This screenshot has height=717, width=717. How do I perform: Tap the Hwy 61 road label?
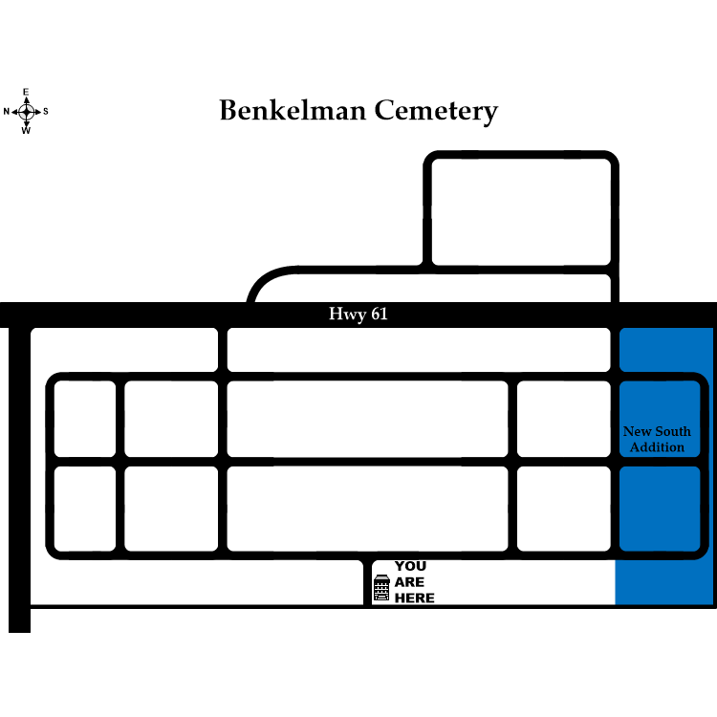pyautogui.click(x=358, y=315)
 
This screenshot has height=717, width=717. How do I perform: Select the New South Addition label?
pyautogui.click(x=657, y=439)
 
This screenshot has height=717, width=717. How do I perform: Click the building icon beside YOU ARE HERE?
pyautogui.click(x=381, y=589)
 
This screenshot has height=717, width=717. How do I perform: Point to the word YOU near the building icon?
pyautogui.click(x=410, y=566)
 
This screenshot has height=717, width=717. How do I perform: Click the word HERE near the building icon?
pyautogui.click(x=414, y=598)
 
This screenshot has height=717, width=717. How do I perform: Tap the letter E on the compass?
pyautogui.click(x=26, y=92)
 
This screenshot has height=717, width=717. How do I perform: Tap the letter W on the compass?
pyautogui.click(x=26, y=131)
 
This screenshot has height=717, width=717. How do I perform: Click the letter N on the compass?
pyautogui.click(x=7, y=112)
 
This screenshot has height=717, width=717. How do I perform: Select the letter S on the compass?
pyautogui.click(x=45, y=112)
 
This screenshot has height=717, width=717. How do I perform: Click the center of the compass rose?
pyautogui.click(x=26, y=112)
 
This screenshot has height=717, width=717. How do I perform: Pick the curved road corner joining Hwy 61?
pyautogui.click(x=263, y=284)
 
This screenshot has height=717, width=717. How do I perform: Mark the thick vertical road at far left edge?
pyautogui.click(x=19, y=478)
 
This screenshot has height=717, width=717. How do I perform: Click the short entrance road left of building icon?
pyautogui.click(x=367, y=582)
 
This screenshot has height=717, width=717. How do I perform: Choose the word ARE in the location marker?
pyautogui.click(x=409, y=582)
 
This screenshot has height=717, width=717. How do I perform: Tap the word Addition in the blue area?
pyautogui.click(x=657, y=447)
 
